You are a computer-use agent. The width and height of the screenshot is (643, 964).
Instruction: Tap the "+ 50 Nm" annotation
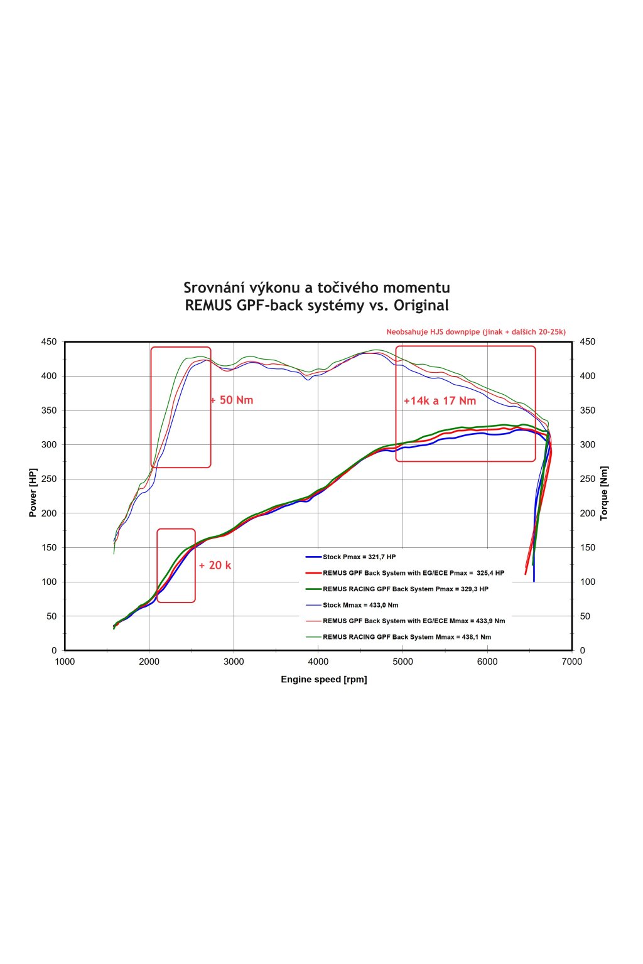click(232, 400)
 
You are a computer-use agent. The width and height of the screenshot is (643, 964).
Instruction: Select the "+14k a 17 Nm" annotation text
click(440, 401)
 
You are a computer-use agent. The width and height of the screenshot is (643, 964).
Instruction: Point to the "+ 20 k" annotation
click(215, 565)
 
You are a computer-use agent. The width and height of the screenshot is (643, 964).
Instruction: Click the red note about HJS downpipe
click(476, 332)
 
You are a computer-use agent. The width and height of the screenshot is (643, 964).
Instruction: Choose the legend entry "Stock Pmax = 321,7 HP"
click(359, 557)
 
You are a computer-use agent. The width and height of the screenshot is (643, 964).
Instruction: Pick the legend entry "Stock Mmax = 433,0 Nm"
click(360, 605)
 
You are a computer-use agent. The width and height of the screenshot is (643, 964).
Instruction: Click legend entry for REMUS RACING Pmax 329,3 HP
click(405, 589)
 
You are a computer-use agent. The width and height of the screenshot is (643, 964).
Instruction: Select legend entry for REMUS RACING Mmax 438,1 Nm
click(406, 637)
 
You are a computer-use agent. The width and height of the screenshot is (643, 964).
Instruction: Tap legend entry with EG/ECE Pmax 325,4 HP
click(413, 573)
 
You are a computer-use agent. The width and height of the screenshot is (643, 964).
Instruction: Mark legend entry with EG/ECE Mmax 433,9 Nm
click(413, 621)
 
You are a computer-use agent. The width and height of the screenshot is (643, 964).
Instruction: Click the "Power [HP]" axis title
click(33, 493)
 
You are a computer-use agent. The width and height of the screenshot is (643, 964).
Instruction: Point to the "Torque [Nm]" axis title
click(604, 493)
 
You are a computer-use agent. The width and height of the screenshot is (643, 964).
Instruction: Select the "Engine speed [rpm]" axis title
click(324, 679)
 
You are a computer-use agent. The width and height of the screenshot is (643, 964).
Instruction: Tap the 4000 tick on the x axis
click(318, 661)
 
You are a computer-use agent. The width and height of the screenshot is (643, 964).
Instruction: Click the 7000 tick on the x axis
click(572, 661)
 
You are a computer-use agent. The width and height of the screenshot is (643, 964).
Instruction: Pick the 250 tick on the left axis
click(49, 479)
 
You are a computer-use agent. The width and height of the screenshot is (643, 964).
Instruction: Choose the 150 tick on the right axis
click(587, 547)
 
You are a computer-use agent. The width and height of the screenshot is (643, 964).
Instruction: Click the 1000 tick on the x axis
click(65, 661)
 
